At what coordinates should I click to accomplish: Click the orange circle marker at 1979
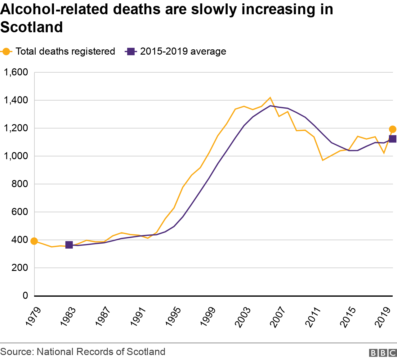pyautogui.click(x=34, y=241)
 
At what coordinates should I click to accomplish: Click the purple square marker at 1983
pyautogui.click(x=69, y=245)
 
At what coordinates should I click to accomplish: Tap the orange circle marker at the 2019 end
pyautogui.click(x=392, y=129)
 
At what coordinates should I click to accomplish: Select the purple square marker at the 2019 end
pyautogui.click(x=392, y=139)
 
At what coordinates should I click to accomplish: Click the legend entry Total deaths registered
pyautogui.click(x=59, y=52)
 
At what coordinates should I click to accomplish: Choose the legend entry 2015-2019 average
pyautogui.click(x=176, y=52)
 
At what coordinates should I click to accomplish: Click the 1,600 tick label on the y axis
pyautogui.click(x=16, y=72)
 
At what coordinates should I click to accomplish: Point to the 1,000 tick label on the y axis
pyautogui.click(x=16, y=156)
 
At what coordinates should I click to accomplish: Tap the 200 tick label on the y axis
pyautogui.click(x=20, y=268)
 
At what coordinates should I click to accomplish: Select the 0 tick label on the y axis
pyautogui.click(x=25, y=296)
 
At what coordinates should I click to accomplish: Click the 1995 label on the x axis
pyautogui.click(x=173, y=317)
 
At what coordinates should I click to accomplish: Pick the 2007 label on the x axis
pyautogui.click(x=278, y=317)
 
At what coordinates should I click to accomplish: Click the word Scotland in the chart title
pyautogui.click(x=32, y=27)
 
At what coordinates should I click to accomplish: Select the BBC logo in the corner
pyautogui.click(x=383, y=353)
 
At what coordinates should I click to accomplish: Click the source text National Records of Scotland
pyautogui.click(x=101, y=352)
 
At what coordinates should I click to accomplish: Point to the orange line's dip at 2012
pyautogui.click(x=323, y=160)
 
